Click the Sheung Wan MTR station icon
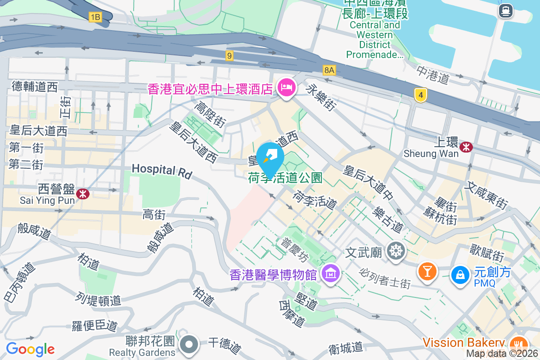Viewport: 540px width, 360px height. pyautogui.click(x=467, y=146)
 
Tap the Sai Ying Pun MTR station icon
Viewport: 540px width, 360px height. pyautogui.click(x=82, y=193)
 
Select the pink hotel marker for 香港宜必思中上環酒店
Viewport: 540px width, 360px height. pyautogui.click(x=286, y=86)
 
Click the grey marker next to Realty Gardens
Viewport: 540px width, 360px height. pyautogui.click(x=189, y=345)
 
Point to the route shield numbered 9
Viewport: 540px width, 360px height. pyautogui.click(x=229, y=56)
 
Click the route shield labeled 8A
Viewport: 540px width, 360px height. pyautogui.click(x=329, y=70)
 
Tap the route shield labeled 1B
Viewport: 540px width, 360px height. pyautogui.click(x=95, y=18)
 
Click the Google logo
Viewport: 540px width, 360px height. pyautogui.click(x=30, y=349)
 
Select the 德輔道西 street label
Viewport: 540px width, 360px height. pyautogui.click(x=35, y=86)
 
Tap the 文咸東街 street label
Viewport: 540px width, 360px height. pyautogui.click(x=487, y=195)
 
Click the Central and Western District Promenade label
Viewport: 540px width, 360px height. pyautogui.click(x=375, y=40)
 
